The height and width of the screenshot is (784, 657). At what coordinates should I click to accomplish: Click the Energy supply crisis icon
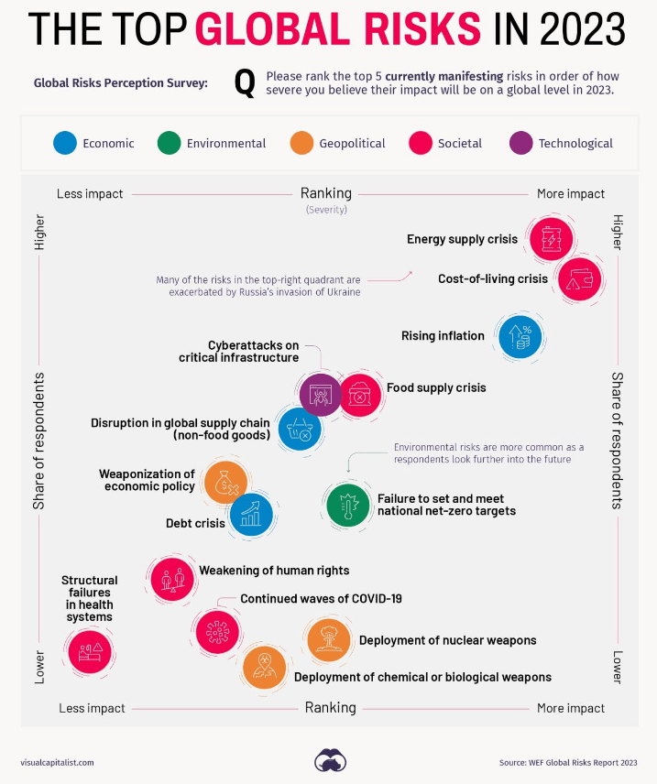point(551,239)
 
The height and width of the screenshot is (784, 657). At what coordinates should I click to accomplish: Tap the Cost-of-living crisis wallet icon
point(579,279)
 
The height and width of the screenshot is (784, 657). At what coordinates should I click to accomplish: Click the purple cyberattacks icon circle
point(321,395)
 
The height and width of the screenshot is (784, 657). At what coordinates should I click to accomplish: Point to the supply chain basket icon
point(299,429)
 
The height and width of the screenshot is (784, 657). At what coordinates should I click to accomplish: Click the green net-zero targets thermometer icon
point(348,504)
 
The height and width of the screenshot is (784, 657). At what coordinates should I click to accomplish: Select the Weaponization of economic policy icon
point(224,483)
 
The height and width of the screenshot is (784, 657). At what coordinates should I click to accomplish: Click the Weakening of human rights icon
point(173,579)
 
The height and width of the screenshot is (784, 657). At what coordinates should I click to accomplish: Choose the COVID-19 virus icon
point(218,631)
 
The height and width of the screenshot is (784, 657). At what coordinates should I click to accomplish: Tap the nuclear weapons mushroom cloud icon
point(327,639)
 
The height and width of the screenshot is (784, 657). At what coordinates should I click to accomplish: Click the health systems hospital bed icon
point(90,652)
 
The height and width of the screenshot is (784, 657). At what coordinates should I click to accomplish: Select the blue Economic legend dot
point(64,143)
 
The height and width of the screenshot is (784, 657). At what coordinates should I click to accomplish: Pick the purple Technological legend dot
point(521,143)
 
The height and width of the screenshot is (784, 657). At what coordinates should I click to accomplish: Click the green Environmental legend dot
point(169,143)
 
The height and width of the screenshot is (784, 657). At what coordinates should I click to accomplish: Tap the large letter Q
point(245,83)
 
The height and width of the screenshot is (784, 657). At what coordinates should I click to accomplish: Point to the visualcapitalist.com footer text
point(57,762)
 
